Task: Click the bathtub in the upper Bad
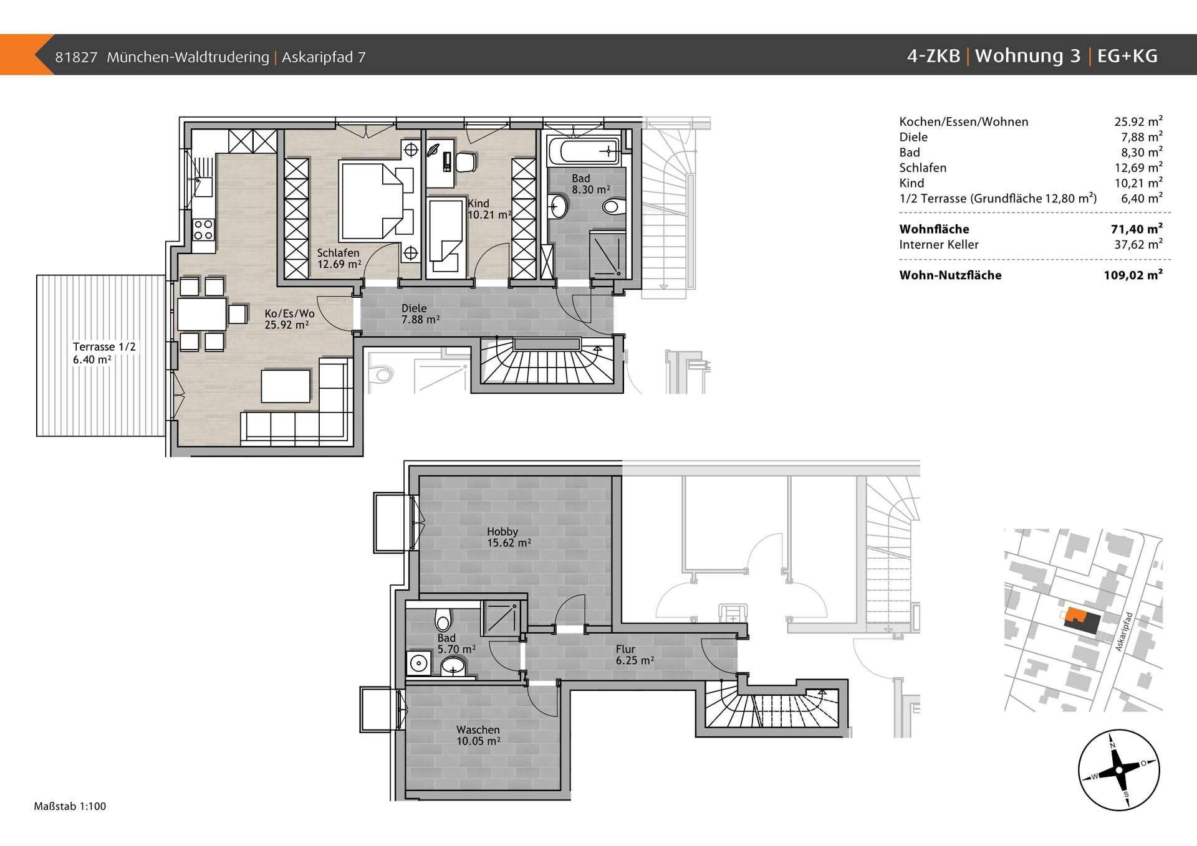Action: point(584,151)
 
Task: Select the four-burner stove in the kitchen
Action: point(203,229)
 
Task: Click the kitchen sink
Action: point(203,186)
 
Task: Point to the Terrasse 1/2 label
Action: point(104,347)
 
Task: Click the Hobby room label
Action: point(502,531)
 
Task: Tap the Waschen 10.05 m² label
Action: point(478,735)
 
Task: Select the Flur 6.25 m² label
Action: point(635,654)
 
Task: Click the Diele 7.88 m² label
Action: point(420,313)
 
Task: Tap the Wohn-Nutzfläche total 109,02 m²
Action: point(1133,275)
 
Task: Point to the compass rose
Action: point(1118,770)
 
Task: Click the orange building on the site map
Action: point(1074,615)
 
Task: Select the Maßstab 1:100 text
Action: point(70,806)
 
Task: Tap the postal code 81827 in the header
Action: point(76,57)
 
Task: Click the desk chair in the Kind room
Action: point(466,162)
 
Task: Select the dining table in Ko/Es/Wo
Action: point(202,315)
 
